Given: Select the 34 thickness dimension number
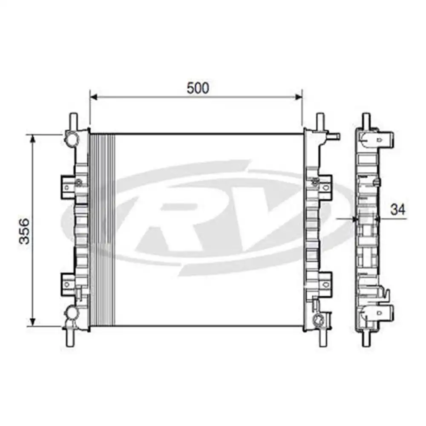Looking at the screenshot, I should click(398, 209).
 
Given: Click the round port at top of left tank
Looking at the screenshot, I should click(71, 138).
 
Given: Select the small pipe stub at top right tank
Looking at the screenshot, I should click(334, 136).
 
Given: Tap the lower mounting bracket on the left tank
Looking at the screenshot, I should click(68, 282).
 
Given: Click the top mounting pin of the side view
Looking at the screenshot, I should click(366, 119).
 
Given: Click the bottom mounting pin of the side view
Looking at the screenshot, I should click(366, 339).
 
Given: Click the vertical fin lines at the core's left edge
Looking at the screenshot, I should click(102, 230).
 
